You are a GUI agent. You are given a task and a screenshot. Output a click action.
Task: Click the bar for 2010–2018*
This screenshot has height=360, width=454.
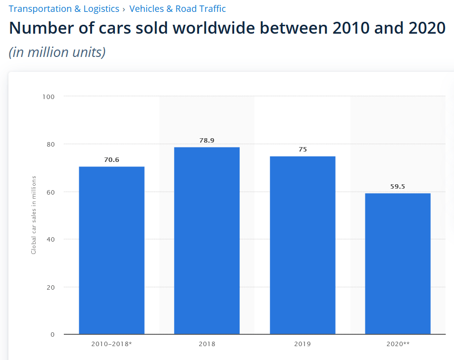click(x=111, y=250)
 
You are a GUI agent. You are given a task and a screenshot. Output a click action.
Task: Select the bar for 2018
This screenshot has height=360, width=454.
click(x=206, y=241)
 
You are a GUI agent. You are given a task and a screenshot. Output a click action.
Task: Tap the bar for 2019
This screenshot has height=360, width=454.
click(x=303, y=245)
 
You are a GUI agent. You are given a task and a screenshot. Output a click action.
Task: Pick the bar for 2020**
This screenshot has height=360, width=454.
click(x=398, y=263)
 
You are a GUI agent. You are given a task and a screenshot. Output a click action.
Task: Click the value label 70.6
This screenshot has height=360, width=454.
click(x=111, y=160)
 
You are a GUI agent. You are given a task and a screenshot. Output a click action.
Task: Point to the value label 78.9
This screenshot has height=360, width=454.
click(x=206, y=141)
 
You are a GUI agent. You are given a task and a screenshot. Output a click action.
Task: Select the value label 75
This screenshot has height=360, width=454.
click(x=303, y=150)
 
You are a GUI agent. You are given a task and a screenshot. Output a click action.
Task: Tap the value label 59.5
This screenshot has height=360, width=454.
click(x=398, y=187)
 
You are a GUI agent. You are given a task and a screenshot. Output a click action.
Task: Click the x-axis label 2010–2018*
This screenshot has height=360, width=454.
click(x=111, y=344)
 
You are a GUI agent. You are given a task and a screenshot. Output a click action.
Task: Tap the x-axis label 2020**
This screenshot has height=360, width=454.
click(x=398, y=344)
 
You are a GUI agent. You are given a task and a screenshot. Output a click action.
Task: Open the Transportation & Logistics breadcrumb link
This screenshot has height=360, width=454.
click(x=64, y=9)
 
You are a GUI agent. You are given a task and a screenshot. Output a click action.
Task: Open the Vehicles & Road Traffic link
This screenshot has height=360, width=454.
click(x=177, y=9)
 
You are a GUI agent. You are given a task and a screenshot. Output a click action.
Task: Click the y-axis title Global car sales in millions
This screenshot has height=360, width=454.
click(x=34, y=214)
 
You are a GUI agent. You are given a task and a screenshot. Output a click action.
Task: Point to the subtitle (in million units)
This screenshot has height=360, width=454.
click(x=57, y=52)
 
